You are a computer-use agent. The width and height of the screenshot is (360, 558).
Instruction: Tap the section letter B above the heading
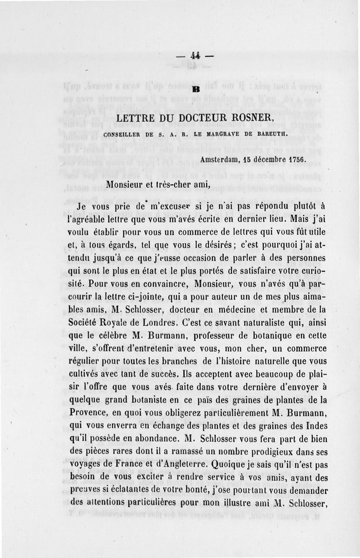[x=196, y=89]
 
